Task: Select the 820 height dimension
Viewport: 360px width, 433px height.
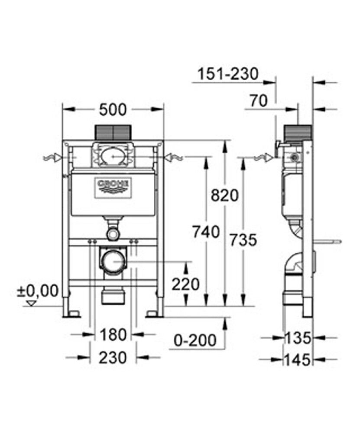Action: [x=225, y=196]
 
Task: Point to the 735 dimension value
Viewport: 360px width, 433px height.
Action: [x=243, y=239]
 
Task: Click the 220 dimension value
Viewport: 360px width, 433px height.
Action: [x=185, y=284]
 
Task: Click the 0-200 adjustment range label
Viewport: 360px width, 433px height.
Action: [x=195, y=340]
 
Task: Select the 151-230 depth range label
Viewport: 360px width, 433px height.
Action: [x=227, y=74]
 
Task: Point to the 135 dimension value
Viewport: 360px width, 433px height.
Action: [x=298, y=338]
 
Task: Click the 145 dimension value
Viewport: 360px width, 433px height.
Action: [x=298, y=359]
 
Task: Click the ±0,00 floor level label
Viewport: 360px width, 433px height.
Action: [x=38, y=291]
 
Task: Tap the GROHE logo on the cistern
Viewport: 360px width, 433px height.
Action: [x=113, y=185]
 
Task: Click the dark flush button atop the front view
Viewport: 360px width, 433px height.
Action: [x=113, y=132]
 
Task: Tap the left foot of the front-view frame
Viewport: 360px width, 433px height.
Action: [x=71, y=313]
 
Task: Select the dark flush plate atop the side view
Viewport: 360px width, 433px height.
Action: [x=297, y=132]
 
